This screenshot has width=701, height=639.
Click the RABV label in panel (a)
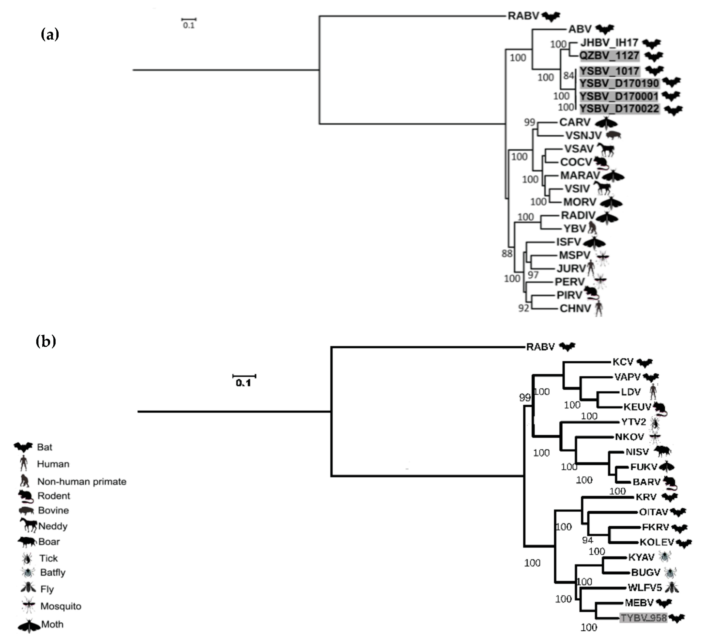coord(523,16)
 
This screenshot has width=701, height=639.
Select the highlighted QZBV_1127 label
coord(609,56)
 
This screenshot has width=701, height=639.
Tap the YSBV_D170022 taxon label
coord(619,109)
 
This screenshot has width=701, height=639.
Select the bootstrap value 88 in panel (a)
coord(507,254)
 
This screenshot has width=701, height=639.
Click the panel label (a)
coord(50,34)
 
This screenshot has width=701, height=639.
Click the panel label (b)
coord(46,341)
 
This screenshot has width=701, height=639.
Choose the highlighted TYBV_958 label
coord(643,618)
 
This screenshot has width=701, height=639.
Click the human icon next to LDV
coord(653,392)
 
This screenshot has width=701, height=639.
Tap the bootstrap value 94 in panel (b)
coord(587,540)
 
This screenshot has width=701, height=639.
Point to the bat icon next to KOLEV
coord(684,543)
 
